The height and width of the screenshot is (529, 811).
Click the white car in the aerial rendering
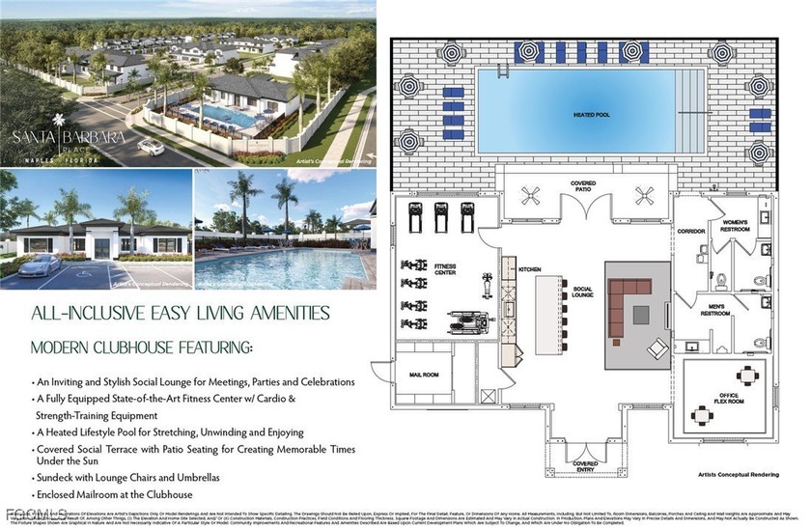(150, 147)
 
